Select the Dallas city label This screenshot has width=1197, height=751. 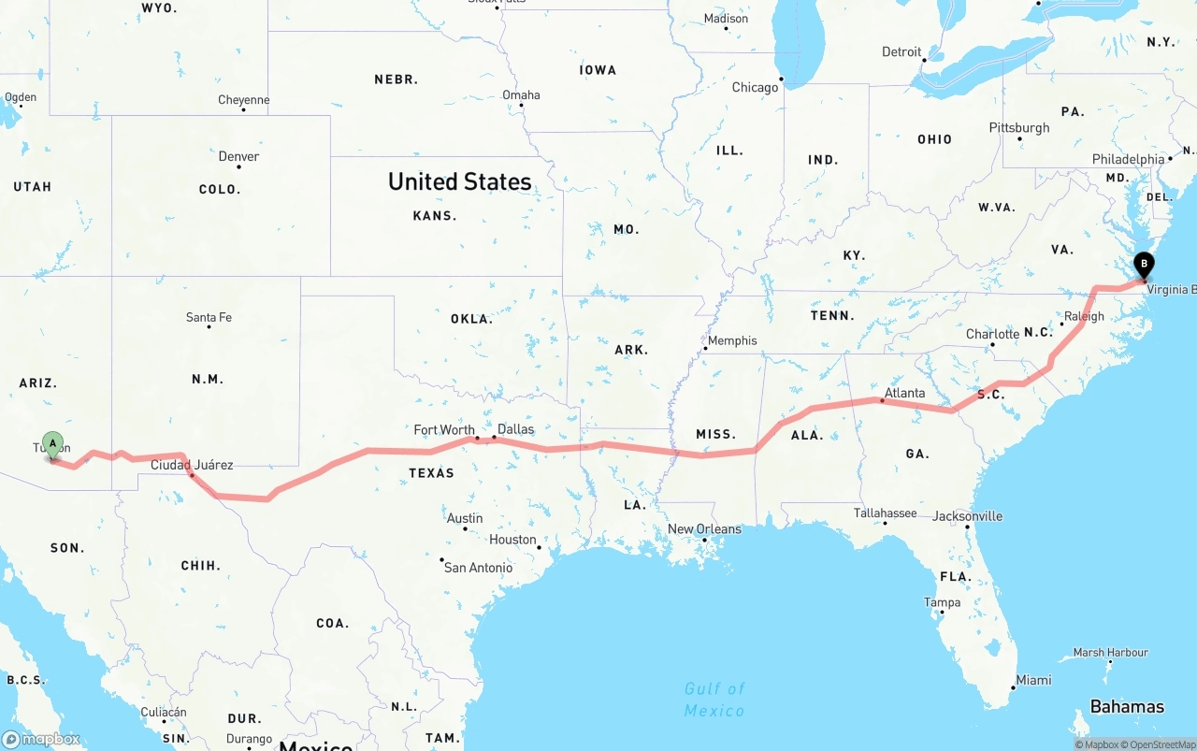pyautogui.click(x=515, y=429)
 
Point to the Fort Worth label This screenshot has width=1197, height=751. pyautogui.click(x=444, y=430)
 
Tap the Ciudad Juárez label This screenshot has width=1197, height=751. pyautogui.click(x=192, y=465)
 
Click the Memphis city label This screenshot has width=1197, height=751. pyautogui.click(x=732, y=340)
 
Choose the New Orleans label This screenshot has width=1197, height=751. pyautogui.click(x=704, y=529)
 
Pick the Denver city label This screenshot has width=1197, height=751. pyautogui.click(x=238, y=156)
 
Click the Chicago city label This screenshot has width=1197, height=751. pyautogui.click(x=755, y=87)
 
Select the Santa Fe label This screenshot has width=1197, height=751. pyautogui.click(x=209, y=317)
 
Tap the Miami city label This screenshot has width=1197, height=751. pyautogui.click(x=1033, y=680)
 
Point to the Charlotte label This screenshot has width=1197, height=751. pyautogui.click(x=992, y=334)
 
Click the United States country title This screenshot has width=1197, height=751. pyautogui.click(x=459, y=181)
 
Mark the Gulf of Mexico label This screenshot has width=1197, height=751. pyautogui.click(x=714, y=700)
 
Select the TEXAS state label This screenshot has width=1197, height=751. pyautogui.click(x=431, y=473)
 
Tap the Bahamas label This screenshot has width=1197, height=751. pyautogui.click(x=1127, y=706)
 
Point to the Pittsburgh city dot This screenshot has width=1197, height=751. pyautogui.click(x=1019, y=138)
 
